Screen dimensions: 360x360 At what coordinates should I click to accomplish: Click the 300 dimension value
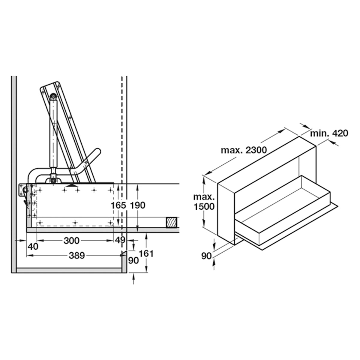click(72, 241)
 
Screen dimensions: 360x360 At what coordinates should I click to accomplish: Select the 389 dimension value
click(77, 255)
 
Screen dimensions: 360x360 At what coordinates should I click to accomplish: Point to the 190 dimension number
click(138, 205)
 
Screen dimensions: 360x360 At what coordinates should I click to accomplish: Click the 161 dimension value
click(147, 253)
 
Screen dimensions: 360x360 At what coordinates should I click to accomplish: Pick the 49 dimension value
click(120, 241)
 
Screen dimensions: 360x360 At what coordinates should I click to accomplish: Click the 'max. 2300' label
click(244, 150)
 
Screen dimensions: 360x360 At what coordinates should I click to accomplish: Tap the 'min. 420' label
click(329, 133)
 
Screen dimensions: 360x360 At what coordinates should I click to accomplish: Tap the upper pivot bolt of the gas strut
click(53, 96)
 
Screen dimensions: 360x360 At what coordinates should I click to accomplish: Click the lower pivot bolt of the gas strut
click(53, 180)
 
